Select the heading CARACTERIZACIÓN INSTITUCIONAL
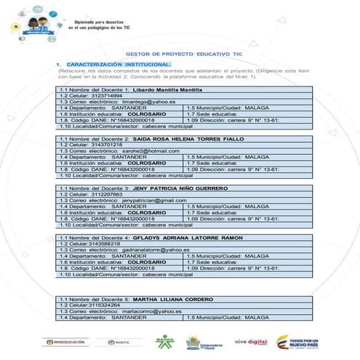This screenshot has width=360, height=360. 113,65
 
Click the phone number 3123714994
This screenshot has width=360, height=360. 107,95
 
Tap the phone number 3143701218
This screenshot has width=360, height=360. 107,144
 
